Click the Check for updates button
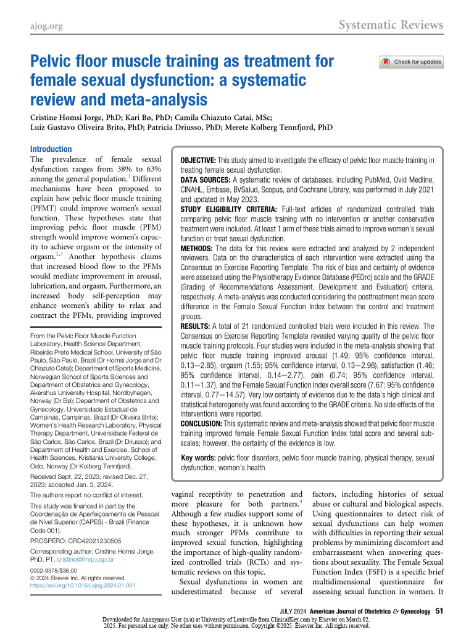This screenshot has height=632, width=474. click(412, 62)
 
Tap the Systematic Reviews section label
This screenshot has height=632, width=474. click(391, 25)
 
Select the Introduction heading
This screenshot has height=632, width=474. click(51, 149)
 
